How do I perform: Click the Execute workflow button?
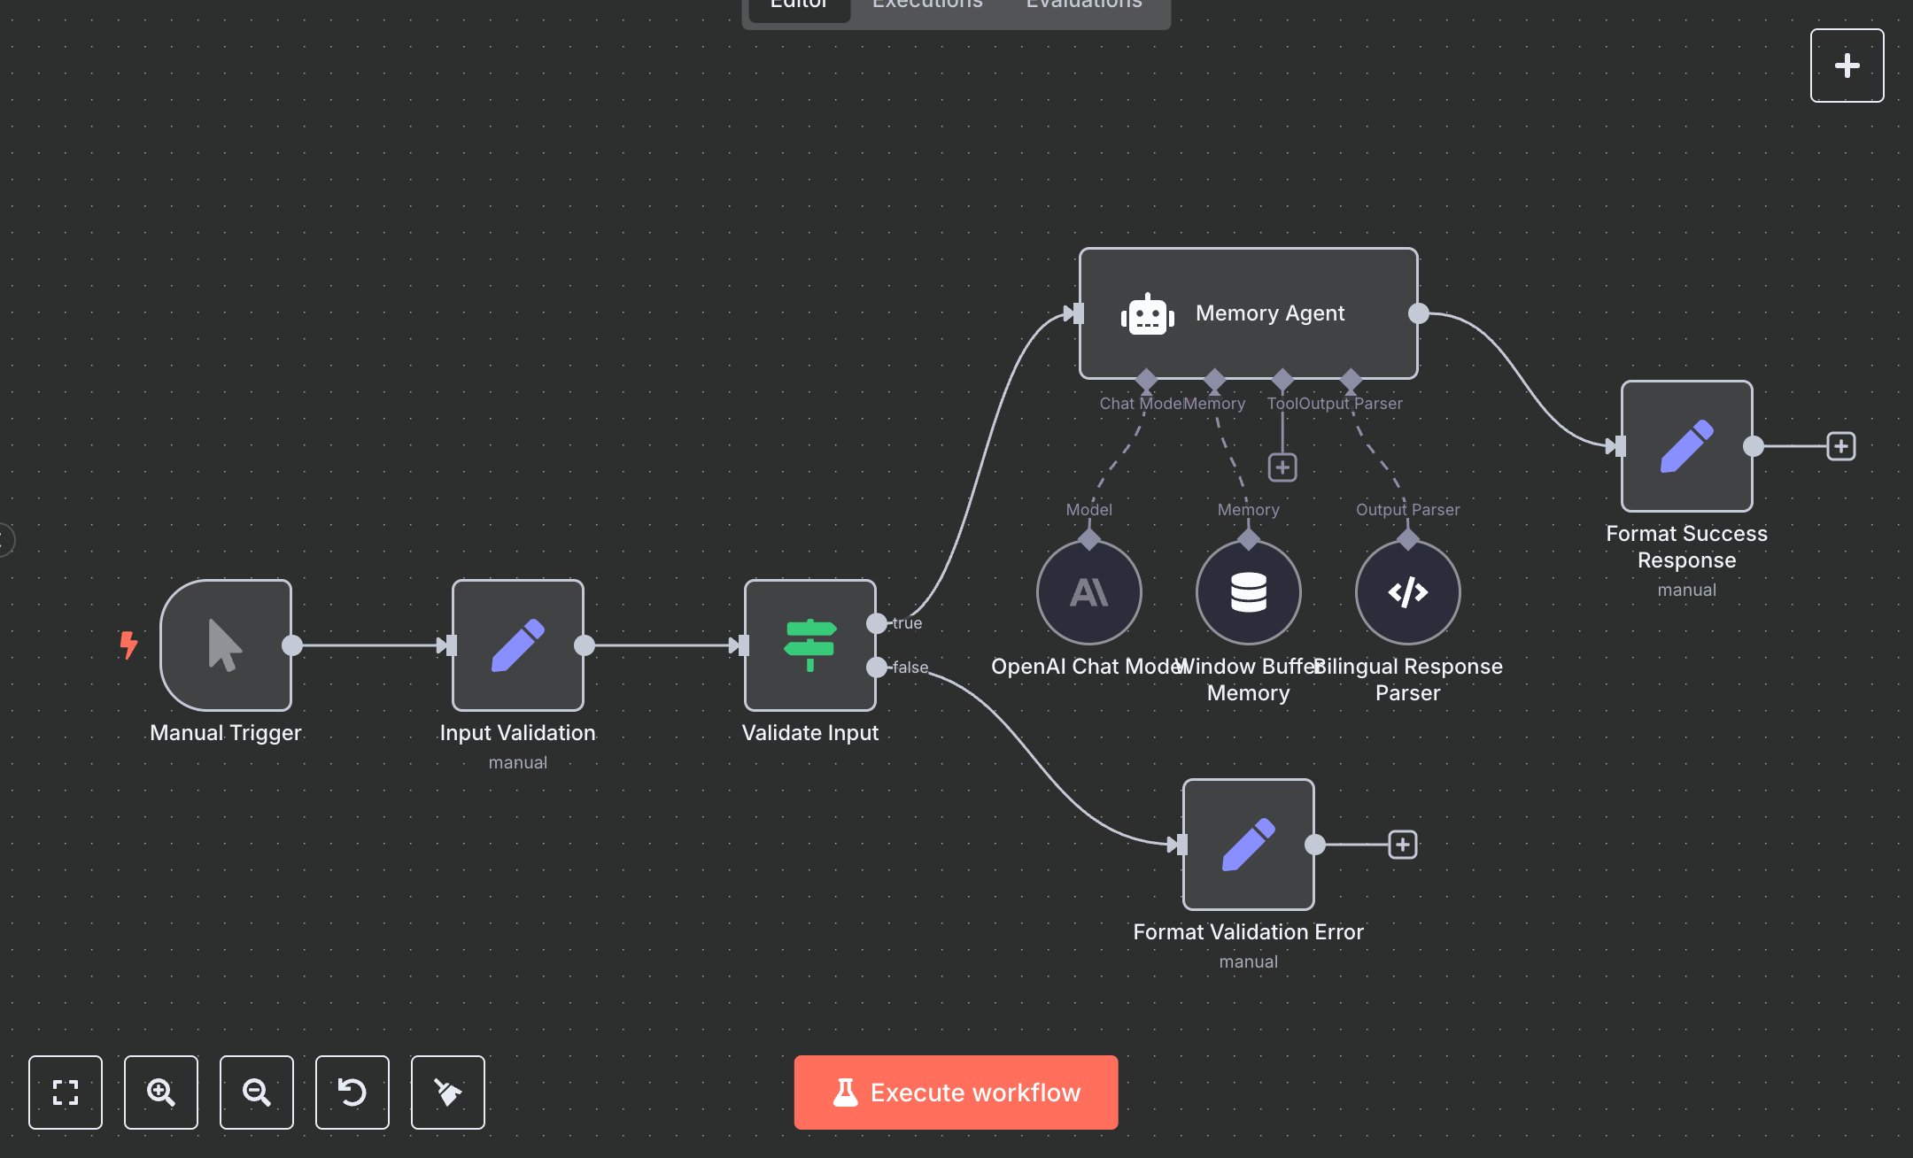coord(956,1092)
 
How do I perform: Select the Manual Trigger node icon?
coord(225,645)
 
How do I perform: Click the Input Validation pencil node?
coord(517,645)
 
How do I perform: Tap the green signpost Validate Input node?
coord(809,645)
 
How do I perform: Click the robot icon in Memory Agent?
coord(1147,313)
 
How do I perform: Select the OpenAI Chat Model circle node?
coord(1088,592)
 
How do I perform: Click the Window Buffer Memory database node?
coord(1248,592)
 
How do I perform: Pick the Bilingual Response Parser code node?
coord(1407,592)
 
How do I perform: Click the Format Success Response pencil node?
coord(1686,446)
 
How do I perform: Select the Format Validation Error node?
coord(1248,845)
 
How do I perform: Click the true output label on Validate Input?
coord(907,623)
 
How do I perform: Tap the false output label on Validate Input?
coord(910,668)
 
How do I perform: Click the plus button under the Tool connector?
coord(1282,467)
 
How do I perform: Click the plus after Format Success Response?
coord(1841,446)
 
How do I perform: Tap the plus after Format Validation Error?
coord(1403,845)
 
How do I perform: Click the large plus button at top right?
coord(1847,66)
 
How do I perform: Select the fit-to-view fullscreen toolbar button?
coord(66,1092)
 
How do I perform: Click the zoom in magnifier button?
coord(161,1092)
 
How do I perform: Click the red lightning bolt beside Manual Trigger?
coord(129,644)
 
